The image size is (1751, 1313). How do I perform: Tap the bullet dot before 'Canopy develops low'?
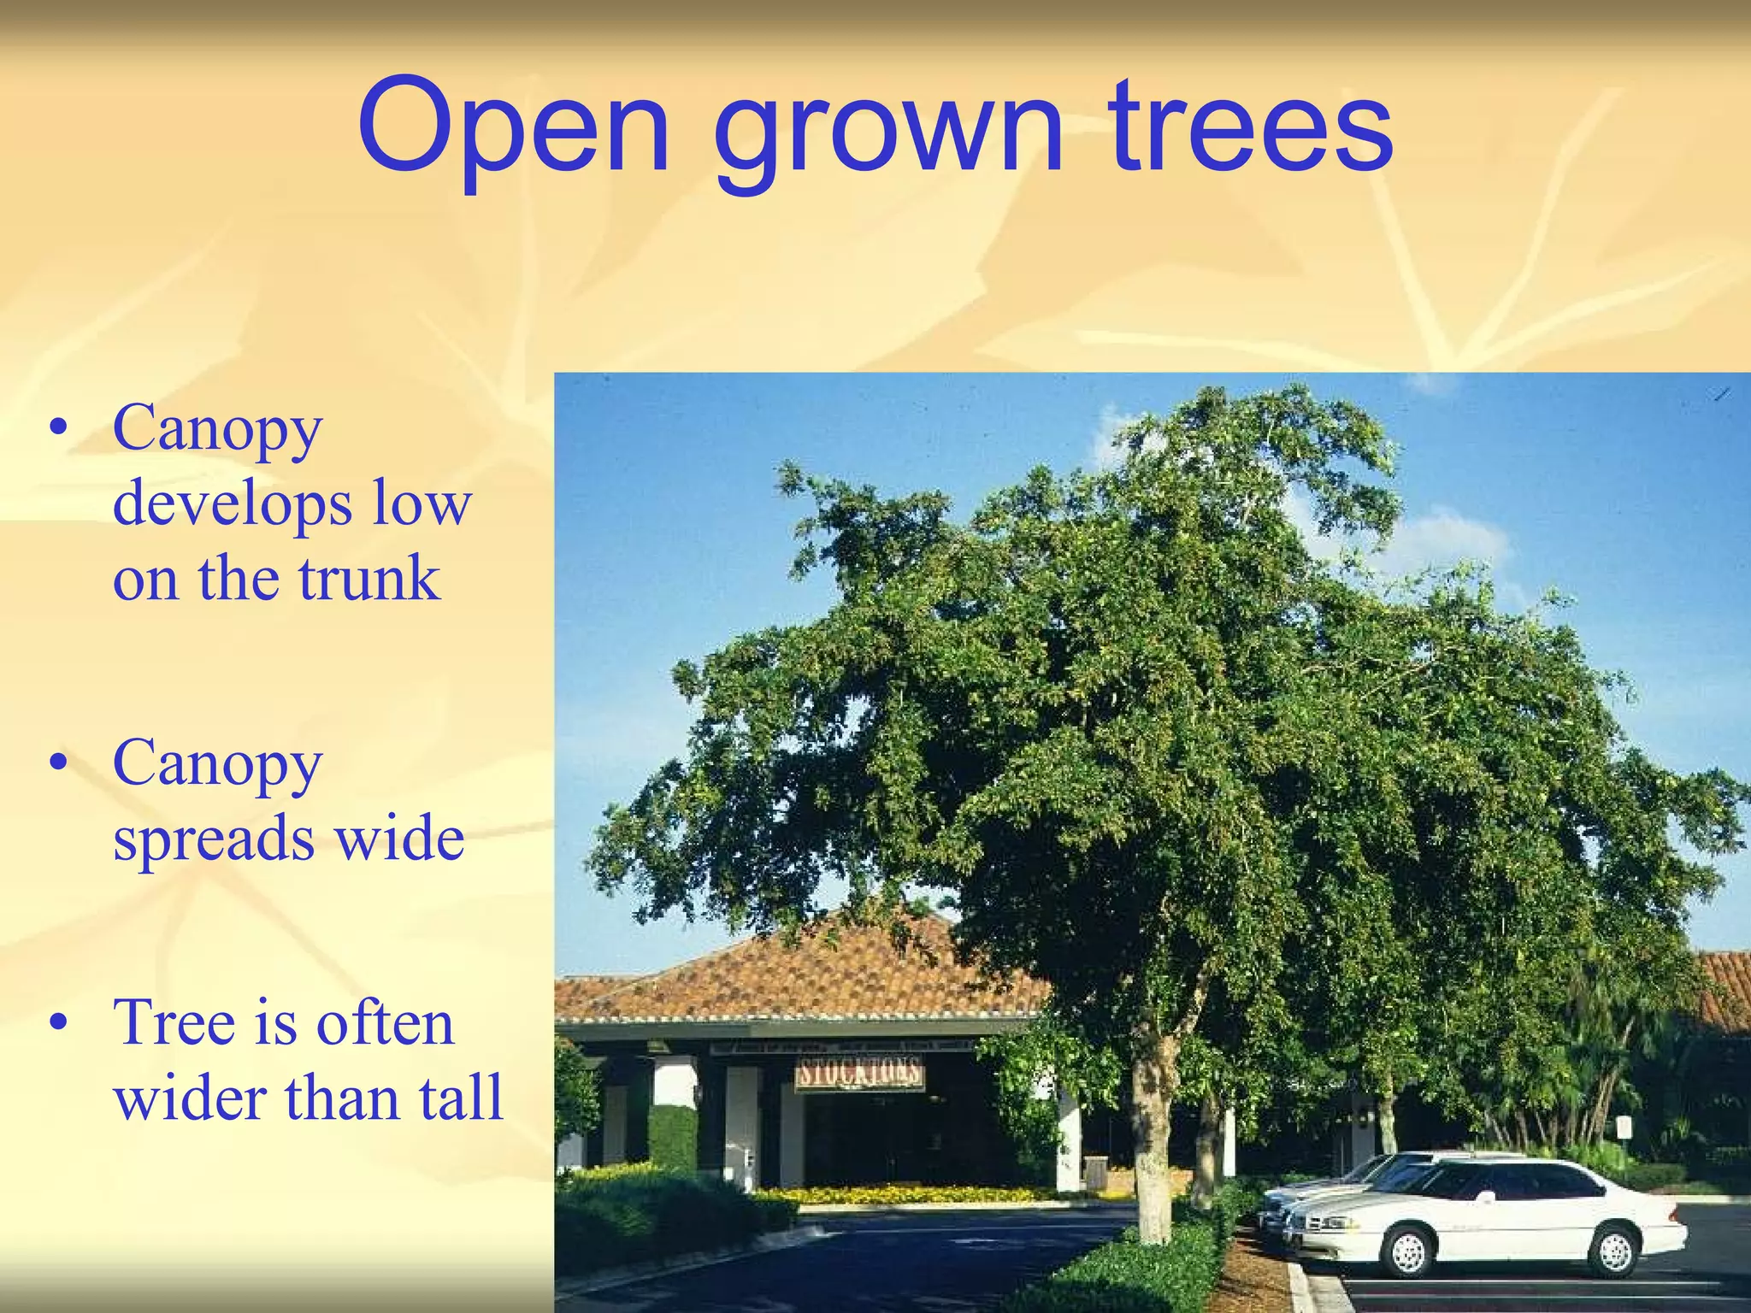pos(58,428)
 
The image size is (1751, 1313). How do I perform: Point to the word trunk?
pos(368,579)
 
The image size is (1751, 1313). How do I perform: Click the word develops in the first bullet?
pos(232,506)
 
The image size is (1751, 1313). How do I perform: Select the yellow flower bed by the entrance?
pos(898,1192)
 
